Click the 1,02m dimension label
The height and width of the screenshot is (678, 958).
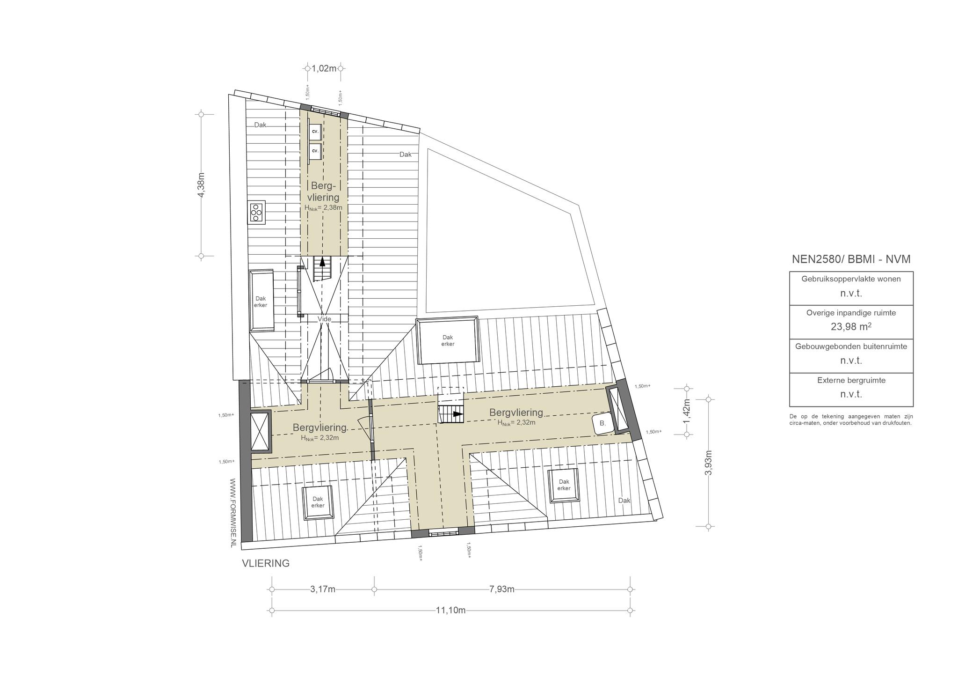click(324, 68)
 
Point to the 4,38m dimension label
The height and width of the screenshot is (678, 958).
click(202, 185)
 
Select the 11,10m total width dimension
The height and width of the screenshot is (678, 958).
click(450, 610)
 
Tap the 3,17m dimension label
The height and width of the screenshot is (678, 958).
click(323, 589)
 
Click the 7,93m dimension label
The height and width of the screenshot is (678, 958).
click(502, 589)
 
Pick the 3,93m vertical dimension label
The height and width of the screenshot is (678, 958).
click(709, 463)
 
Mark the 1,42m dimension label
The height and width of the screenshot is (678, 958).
click(687, 412)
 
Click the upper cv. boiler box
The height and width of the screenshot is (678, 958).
click(315, 132)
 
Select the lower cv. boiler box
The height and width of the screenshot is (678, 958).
click(315, 151)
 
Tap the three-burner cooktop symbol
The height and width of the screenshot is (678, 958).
click(256, 213)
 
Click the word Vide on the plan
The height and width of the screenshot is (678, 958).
click(324, 319)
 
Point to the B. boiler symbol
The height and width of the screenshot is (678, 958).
click(603, 423)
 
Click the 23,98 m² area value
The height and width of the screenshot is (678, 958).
click(851, 326)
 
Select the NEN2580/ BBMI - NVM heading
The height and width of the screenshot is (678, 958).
click(851, 259)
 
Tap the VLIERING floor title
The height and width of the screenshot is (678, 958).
click(266, 563)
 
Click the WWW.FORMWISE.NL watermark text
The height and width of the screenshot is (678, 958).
click(233, 513)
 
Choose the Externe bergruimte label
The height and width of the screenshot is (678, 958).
click(851, 380)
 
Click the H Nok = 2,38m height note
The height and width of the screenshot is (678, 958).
click(323, 208)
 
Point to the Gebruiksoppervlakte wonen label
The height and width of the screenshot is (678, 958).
click(851, 279)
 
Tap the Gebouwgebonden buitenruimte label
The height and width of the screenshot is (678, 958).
click(851, 346)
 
